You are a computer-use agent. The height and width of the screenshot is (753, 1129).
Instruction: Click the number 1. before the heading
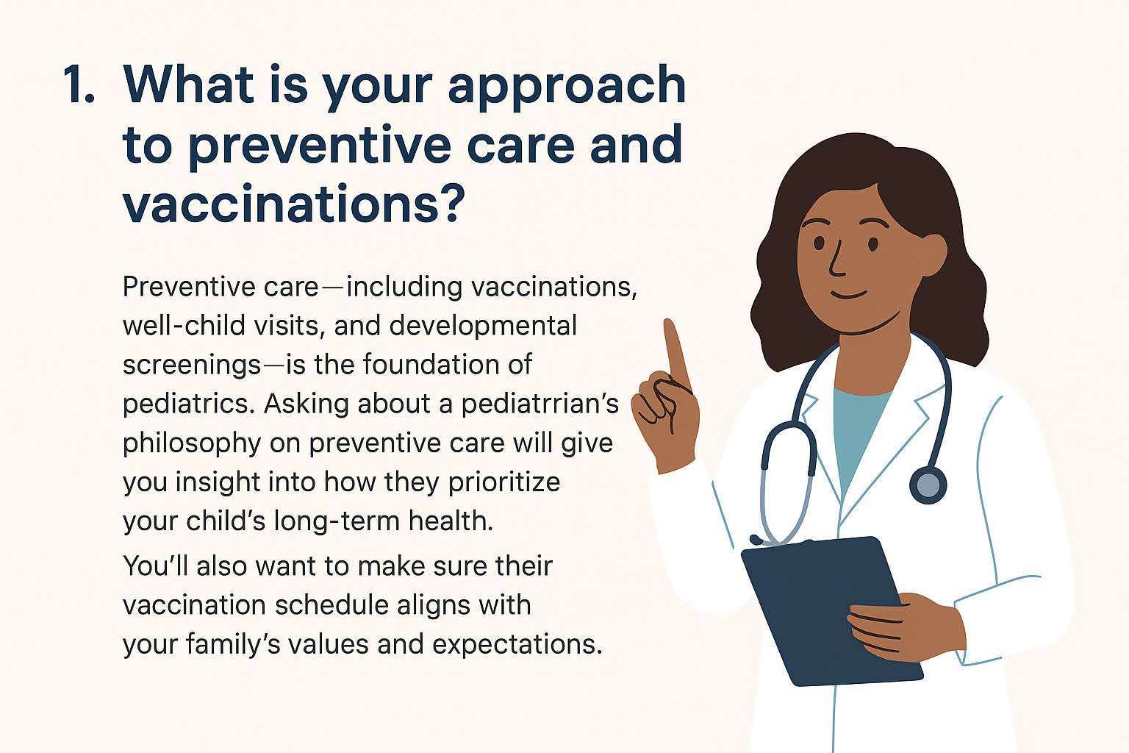[x=79, y=85]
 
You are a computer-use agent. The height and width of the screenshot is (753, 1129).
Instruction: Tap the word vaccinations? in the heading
[x=293, y=203]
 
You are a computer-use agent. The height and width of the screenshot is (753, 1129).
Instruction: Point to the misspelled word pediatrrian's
[x=540, y=404]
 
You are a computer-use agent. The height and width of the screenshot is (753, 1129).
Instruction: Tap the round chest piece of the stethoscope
[x=928, y=485]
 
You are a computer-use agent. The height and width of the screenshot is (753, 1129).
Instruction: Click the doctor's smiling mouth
[x=849, y=295]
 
